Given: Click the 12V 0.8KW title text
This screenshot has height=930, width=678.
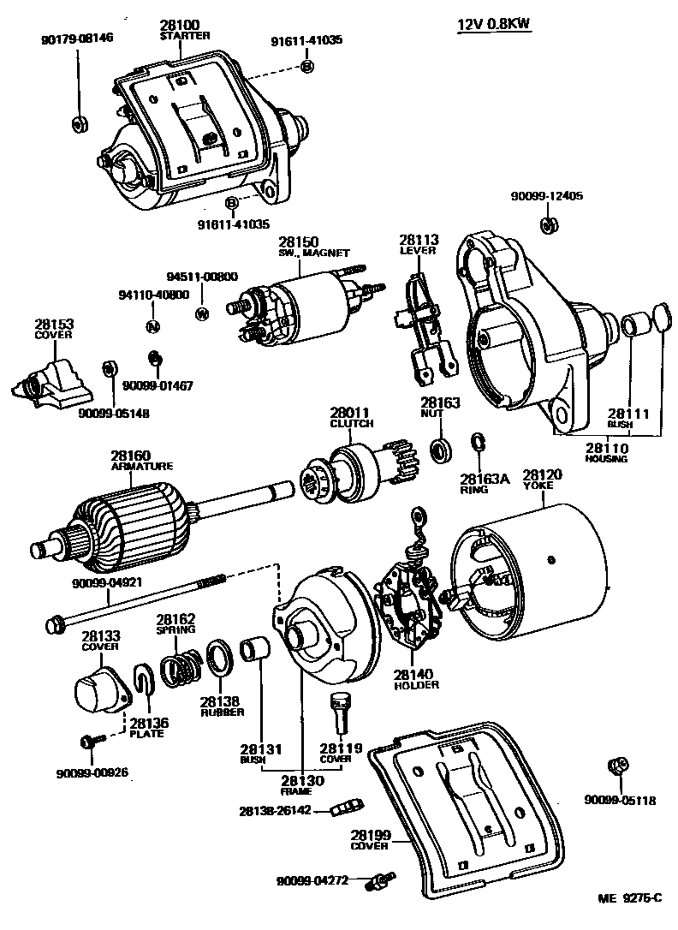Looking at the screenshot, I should [x=493, y=25].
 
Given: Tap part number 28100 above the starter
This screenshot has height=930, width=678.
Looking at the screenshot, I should [x=179, y=27].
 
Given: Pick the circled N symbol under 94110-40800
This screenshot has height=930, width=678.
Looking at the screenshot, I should [x=153, y=326].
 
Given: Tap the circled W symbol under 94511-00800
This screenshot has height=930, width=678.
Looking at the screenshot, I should [x=202, y=312].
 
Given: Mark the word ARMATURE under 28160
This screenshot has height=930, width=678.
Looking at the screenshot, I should [x=142, y=467].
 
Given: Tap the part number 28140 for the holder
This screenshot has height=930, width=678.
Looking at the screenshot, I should [x=417, y=674].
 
